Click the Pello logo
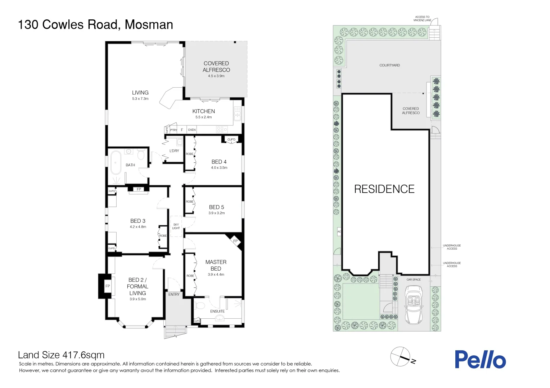click(x=480, y=359)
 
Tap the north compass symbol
click(x=401, y=357)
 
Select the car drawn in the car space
click(x=414, y=305)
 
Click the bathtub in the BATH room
click(x=116, y=163)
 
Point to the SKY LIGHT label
click(x=176, y=226)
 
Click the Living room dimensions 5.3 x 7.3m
click(x=140, y=98)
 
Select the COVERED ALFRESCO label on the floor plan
click(x=216, y=66)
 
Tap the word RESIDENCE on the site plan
click(x=384, y=189)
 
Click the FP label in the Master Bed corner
click(x=235, y=241)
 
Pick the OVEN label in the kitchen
click(x=192, y=130)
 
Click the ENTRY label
click(x=174, y=294)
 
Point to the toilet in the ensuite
click(x=199, y=306)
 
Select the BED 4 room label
click(x=219, y=162)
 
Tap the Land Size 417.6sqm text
click(x=61, y=355)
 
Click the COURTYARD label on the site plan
click(x=389, y=65)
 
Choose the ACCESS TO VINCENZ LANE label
click(x=422, y=19)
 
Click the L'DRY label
click(x=174, y=151)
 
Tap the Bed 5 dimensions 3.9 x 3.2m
click(x=216, y=213)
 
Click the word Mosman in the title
click(x=149, y=24)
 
